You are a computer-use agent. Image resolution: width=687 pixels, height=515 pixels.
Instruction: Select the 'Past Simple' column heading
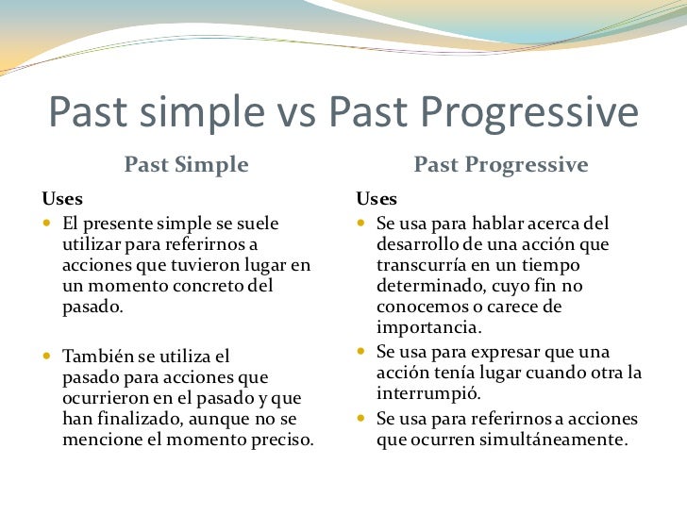coord(187,166)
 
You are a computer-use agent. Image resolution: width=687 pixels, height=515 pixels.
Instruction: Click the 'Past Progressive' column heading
coord(500,166)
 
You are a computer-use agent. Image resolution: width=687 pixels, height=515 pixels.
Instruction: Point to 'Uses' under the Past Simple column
coord(61,200)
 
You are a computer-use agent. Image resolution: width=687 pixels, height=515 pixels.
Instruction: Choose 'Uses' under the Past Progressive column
coord(377,200)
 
